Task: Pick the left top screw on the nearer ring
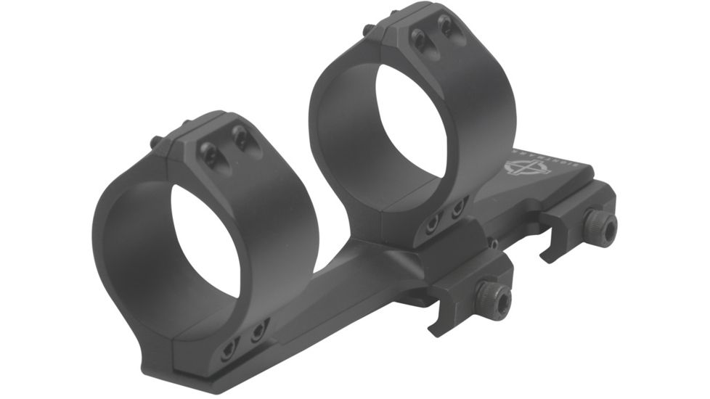tap(209, 151)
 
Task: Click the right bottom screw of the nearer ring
tap(258, 333)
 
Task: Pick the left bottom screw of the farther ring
tap(433, 223)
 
